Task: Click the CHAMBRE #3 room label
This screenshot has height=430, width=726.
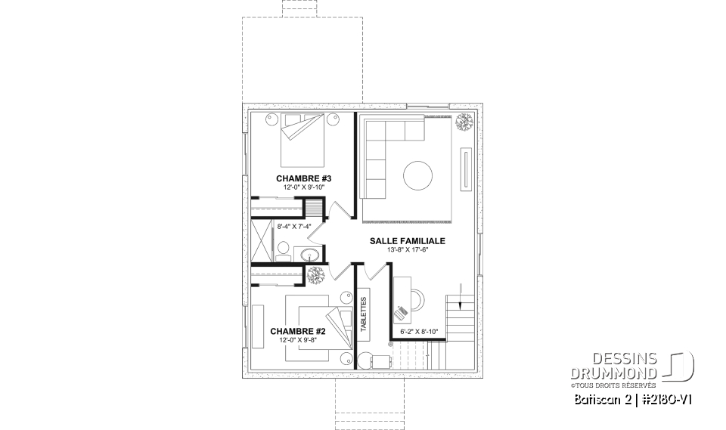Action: (304, 178)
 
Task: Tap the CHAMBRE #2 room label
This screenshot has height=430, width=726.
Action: (298, 331)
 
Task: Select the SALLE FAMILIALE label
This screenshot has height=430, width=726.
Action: (407, 241)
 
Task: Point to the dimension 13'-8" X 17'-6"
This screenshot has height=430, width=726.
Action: (407, 250)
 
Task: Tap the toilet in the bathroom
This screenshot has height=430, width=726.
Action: (281, 250)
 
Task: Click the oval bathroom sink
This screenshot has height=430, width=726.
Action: (311, 255)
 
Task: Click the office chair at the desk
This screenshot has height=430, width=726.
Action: (402, 310)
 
